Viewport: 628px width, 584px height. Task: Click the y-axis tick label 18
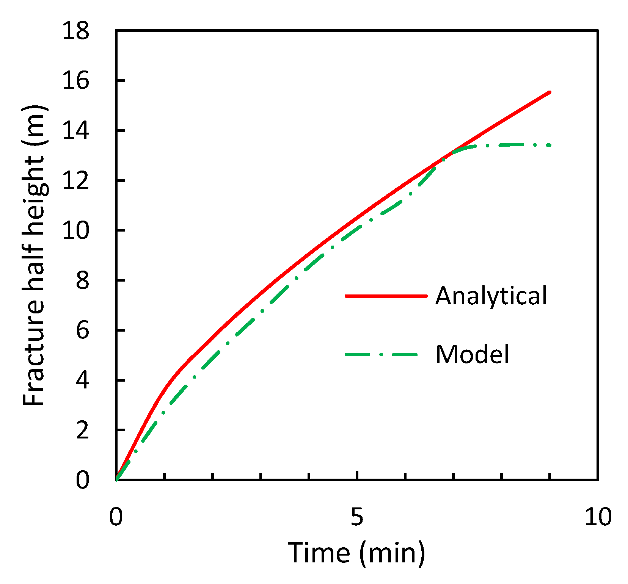pyautogui.click(x=76, y=30)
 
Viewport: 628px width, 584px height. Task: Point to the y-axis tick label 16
pyautogui.click(x=76, y=80)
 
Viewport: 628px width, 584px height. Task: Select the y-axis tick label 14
pyautogui.click(x=76, y=130)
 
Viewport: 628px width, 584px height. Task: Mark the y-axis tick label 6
pyautogui.click(x=83, y=330)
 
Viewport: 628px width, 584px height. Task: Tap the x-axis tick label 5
pyautogui.click(x=357, y=516)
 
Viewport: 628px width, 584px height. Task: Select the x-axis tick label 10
pyautogui.click(x=598, y=516)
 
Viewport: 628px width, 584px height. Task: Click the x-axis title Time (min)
pyautogui.click(x=356, y=553)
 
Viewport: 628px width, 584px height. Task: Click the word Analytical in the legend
pyautogui.click(x=491, y=296)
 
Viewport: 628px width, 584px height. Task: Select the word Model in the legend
pyautogui.click(x=472, y=355)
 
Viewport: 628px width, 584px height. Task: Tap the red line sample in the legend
pyautogui.click(x=386, y=296)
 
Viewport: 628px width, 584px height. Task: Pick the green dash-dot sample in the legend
pyautogui.click(x=381, y=355)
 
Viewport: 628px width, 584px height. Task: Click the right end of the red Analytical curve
pyautogui.click(x=550, y=92)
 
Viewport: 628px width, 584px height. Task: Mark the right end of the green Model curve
pyautogui.click(x=550, y=145)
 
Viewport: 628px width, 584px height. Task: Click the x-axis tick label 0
pyautogui.click(x=116, y=516)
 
